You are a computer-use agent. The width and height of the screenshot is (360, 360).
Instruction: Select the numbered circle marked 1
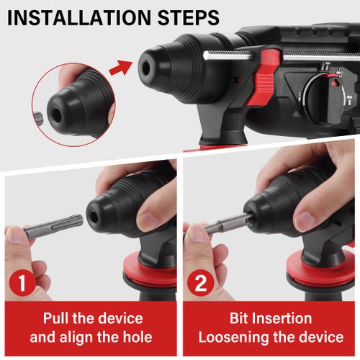23,284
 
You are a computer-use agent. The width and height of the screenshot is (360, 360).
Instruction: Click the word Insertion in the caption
283,318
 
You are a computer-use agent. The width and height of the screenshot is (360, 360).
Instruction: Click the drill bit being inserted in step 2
224,225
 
